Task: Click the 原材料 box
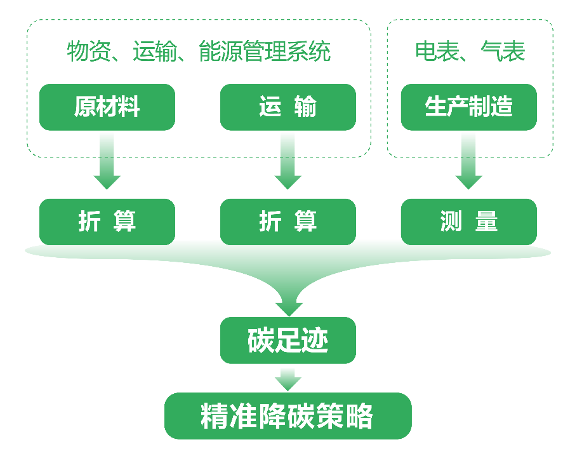[x=107, y=107]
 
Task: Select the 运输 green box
[x=288, y=107]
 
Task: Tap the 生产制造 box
[x=468, y=107]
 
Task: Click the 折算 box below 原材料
[x=107, y=221]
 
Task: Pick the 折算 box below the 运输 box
[x=288, y=221]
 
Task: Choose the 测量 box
[x=468, y=221]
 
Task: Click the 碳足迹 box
[x=288, y=340]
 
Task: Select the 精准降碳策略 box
[x=288, y=416]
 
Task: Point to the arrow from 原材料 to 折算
[x=107, y=162]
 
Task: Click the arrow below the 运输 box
[x=288, y=162]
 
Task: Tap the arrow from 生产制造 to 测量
[x=468, y=162]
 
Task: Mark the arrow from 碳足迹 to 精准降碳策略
[x=288, y=379]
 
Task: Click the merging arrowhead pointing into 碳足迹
[x=288, y=299]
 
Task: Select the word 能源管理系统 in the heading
[x=265, y=51]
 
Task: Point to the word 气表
[x=503, y=51]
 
